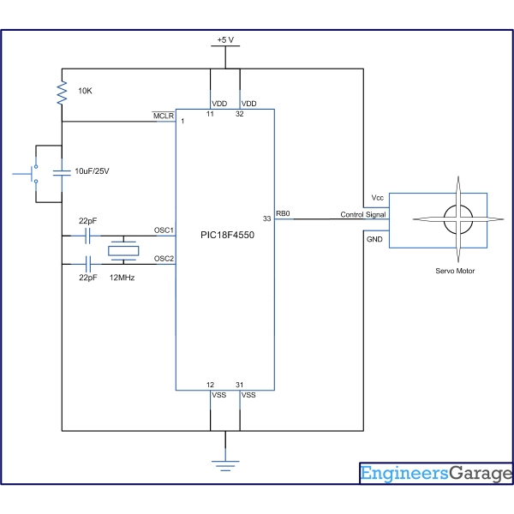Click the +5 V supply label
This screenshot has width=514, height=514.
(225, 40)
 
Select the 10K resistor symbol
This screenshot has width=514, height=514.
(62, 93)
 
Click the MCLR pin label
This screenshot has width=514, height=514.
(163, 115)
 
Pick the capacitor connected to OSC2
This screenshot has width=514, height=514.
(88, 265)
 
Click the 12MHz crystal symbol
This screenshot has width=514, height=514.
(123, 251)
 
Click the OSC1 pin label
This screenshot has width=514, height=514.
(164, 230)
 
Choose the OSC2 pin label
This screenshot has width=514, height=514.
(164, 258)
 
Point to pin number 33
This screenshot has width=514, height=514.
(267, 219)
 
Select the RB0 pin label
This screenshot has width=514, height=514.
(283, 213)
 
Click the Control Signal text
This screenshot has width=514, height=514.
(362, 215)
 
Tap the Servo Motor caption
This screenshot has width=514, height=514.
(454, 272)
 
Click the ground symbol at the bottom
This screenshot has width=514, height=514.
(225, 463)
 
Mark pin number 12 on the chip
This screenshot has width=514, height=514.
(211, 385)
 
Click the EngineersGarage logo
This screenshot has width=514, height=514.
(435, 474)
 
